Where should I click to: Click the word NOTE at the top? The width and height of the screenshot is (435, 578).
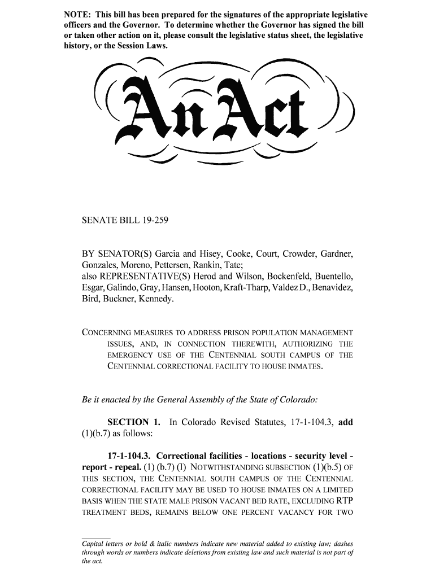pos(77,13)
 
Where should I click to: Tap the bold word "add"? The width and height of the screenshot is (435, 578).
pos(345,423)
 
